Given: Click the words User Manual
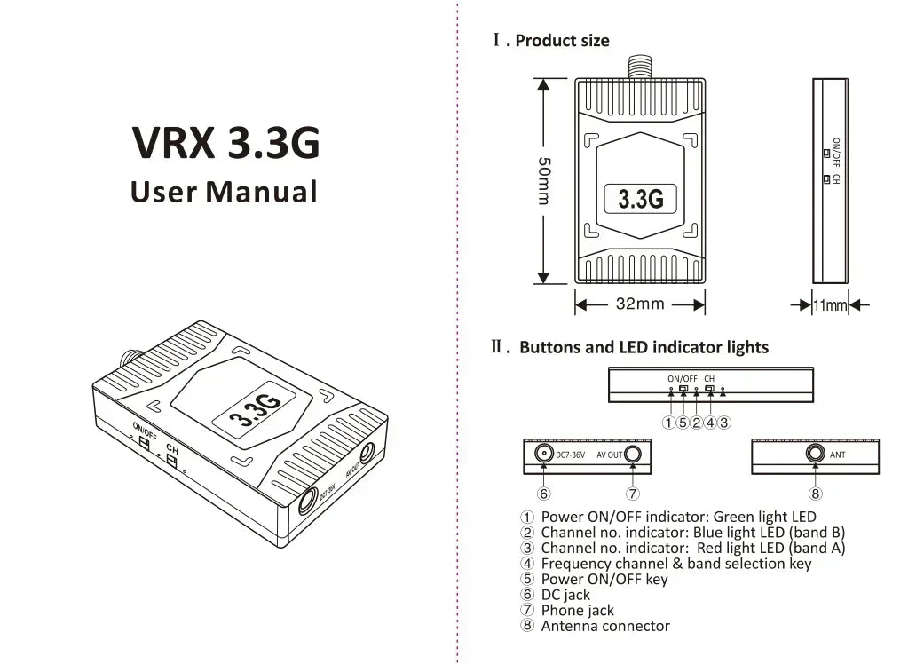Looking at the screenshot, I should pyautogui.click(x=224, y=191).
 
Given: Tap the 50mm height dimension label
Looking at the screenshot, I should pyautogui.click(x=544, y=181).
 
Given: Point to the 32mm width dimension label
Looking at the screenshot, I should pyautogui.click(x=640, y=304).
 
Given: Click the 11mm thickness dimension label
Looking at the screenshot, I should pyautogui.click(x=830, y=305).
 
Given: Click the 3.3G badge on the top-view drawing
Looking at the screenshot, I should pyautogui.click(x=640, y=197).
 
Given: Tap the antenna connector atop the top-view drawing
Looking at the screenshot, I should pyautogui.click(x=639, y=67).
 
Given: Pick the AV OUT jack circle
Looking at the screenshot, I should pyautogui.click(x=633, y=455).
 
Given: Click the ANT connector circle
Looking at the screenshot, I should pyautogui.click(x=815, y=455).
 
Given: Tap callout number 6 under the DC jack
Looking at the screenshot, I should pyautogui.click(x=543, y=494).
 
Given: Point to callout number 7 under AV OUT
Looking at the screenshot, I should pyautogui.click(x=633, y=494).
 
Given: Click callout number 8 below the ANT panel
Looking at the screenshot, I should pyautogui.click(x=815, y=494).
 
